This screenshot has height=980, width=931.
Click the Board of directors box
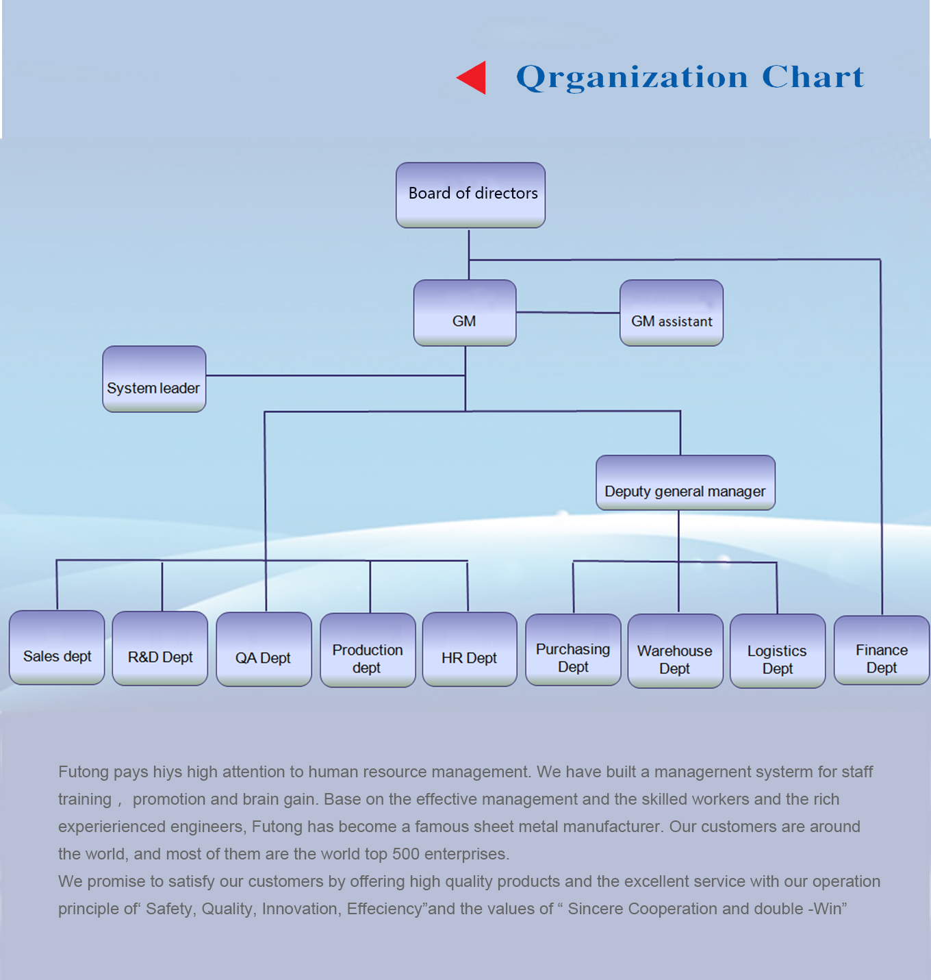[x=470, y=194]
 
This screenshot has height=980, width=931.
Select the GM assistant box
[x=671, y=313]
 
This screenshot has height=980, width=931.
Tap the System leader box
[x=154, y=379]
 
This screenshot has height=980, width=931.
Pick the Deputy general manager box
[x=685, y=483]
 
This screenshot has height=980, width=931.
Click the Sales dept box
[x=57, y=648]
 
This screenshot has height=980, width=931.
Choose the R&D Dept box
[x=160, y=649]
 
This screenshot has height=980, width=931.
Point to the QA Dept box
[x=264, y=649]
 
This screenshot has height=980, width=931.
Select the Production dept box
[x=368, y=650]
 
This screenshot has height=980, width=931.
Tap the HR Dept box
[x=470, y=649]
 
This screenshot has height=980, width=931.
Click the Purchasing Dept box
[x=573, y=650]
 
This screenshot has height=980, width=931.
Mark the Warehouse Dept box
[x=675, y=651]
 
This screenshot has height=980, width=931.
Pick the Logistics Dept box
[x=778, y=651]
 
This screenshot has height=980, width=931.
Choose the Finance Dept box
[x=882, y=651]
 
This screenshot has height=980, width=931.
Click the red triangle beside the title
[x=474, y=77]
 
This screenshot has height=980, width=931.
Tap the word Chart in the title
[x=813, y=77]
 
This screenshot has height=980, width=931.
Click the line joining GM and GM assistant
[x=567, y=312]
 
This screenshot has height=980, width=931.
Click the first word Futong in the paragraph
[x=83, y=772]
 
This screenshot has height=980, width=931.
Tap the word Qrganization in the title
[x=632, y=77]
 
